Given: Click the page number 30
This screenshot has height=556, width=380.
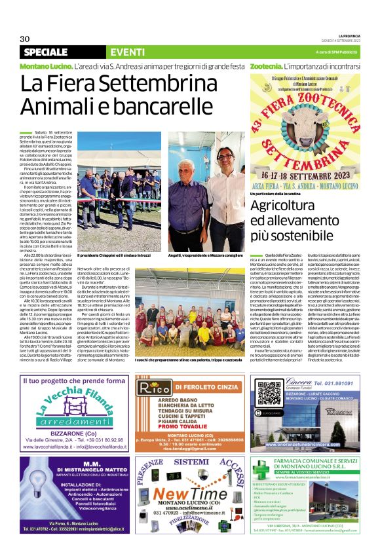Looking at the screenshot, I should click(x=25, y=38).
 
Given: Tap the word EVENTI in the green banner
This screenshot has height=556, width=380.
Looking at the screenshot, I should click(x=128, y=52).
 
